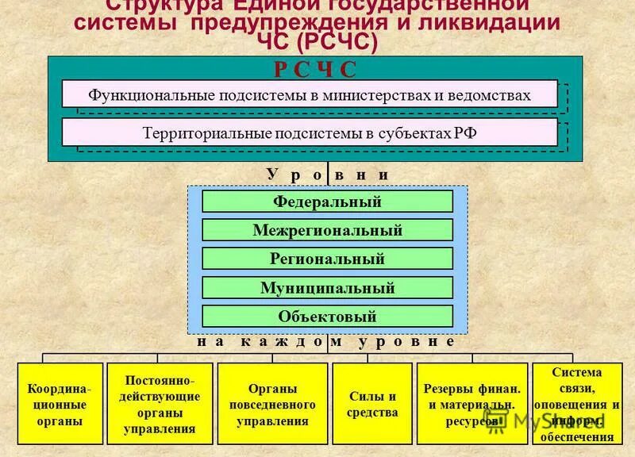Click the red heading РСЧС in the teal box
315,69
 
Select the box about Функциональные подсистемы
310,94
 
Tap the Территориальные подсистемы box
310,132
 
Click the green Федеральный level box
327,202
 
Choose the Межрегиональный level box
327,230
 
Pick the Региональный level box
327,259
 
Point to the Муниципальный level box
327,287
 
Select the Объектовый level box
327,316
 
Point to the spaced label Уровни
327,175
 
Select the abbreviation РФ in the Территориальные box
465,133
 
